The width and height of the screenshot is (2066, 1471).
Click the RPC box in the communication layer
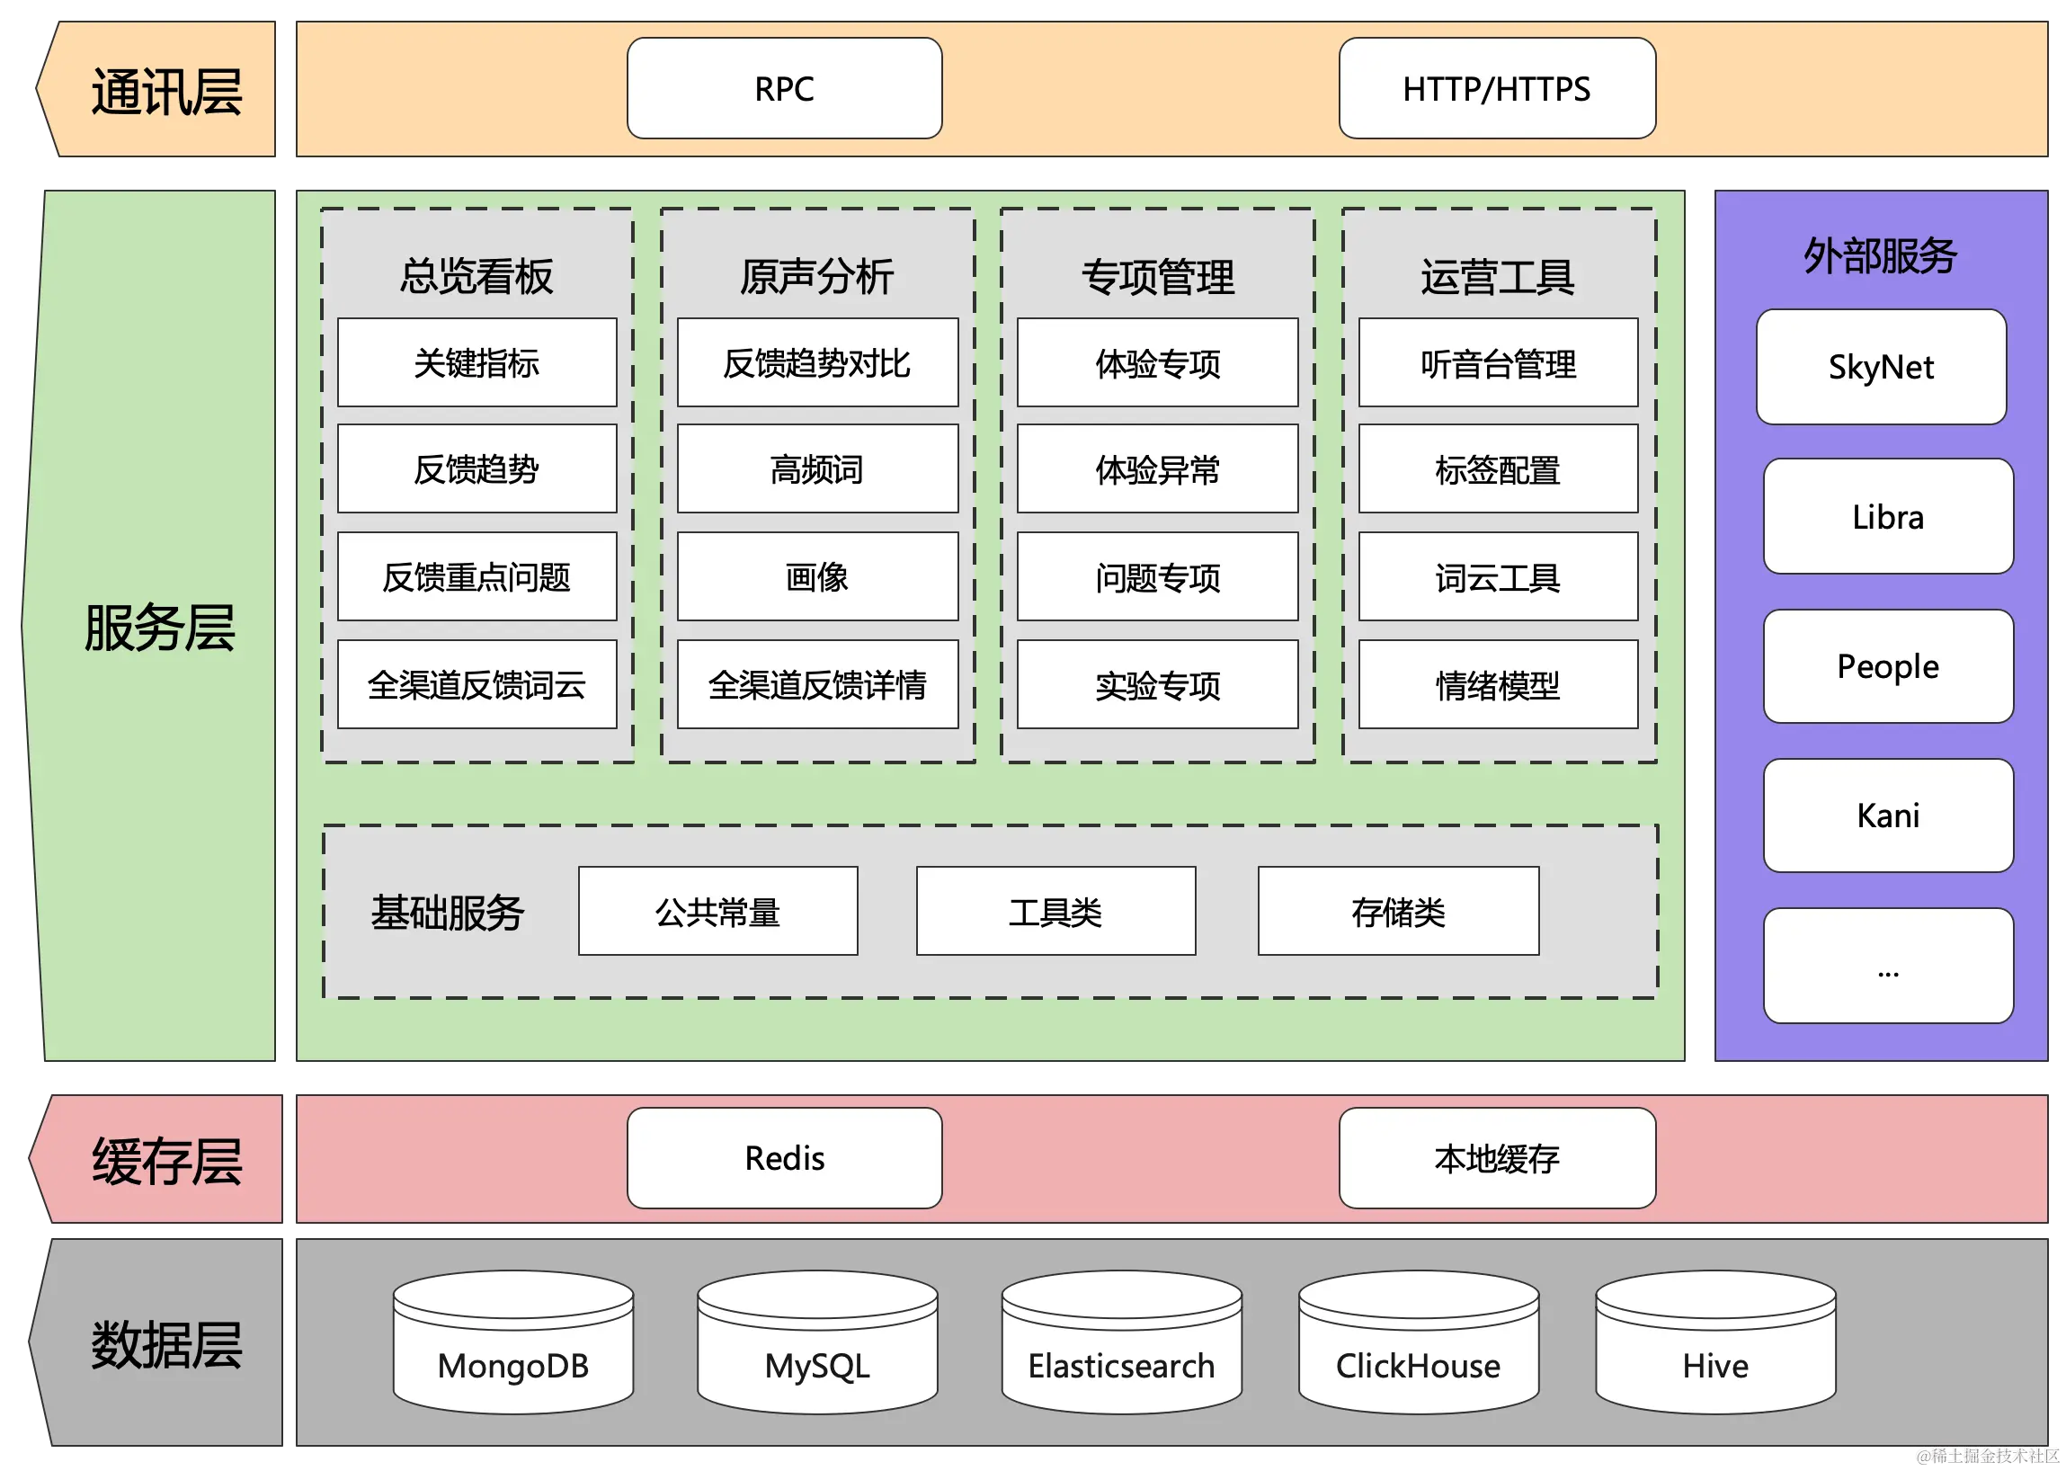click(x=784, y=89)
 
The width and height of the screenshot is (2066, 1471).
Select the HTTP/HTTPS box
click(x=1496, y=89)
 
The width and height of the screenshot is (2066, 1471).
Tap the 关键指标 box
click(x=476, y=362)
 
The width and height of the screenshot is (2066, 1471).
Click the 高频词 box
click(x=817, y=469)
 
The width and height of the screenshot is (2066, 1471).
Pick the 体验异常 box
click(x=1157, y=469)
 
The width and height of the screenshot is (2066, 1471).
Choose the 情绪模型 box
click(x=1497, y=685)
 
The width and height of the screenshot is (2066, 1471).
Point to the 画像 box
click(x=817, y=577)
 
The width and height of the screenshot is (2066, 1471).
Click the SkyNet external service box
click(x=1880, y=367)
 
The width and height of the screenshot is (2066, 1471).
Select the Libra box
click(x=1888, y=516)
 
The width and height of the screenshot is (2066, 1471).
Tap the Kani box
click(x=1888, y=816)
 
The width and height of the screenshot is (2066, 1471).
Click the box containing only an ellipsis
click(x=1888, y=966)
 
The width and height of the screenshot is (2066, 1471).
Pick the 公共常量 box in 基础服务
click(x=717, y=911)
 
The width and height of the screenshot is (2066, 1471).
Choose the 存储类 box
click(x=1397, y=911)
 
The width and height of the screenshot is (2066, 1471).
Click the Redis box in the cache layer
click(x=784, y=1157)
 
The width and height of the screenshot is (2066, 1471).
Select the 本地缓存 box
click(x=1496, y=1157)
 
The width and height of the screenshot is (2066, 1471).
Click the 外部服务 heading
click(x=1880, y=255)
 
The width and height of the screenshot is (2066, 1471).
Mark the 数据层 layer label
click(x=165, y=1344)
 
